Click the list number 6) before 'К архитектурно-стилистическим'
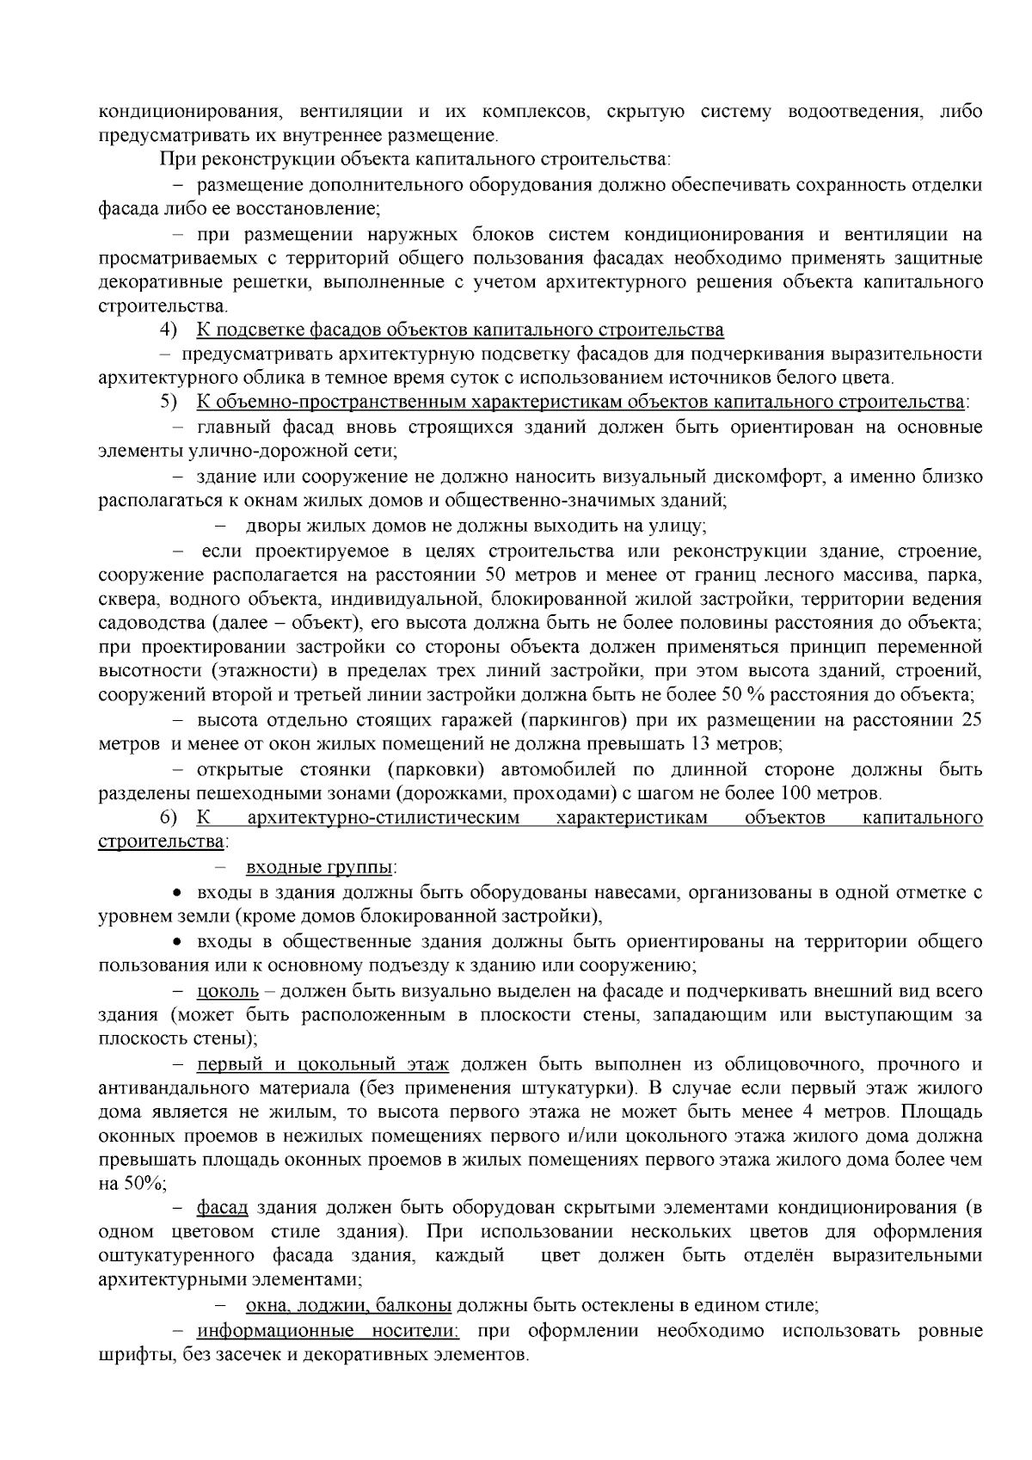(x=167, y=817)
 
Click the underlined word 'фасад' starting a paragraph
(x=222, y=1208)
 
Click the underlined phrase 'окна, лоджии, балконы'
(x=348, y=1305)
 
